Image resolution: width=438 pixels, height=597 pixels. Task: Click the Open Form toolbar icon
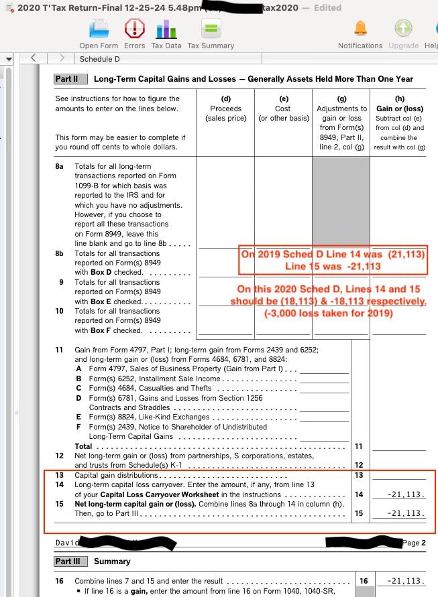[99, 29]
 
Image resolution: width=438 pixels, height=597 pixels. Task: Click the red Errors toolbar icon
[134, 29]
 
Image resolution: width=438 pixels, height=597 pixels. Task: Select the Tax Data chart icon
[166, 29]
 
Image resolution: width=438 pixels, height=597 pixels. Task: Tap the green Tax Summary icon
[211, 29]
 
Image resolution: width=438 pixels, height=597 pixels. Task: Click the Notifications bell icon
[360, 29]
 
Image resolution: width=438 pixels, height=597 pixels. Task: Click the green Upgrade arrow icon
[402, 29]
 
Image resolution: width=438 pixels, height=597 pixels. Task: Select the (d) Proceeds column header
[225, 109]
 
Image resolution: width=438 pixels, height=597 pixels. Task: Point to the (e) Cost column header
[282, 109]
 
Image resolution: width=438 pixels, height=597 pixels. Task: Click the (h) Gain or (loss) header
[400, 109]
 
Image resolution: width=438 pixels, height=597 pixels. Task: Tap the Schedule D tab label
[96, 59]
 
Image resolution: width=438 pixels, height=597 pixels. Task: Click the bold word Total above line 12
[83, 446]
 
